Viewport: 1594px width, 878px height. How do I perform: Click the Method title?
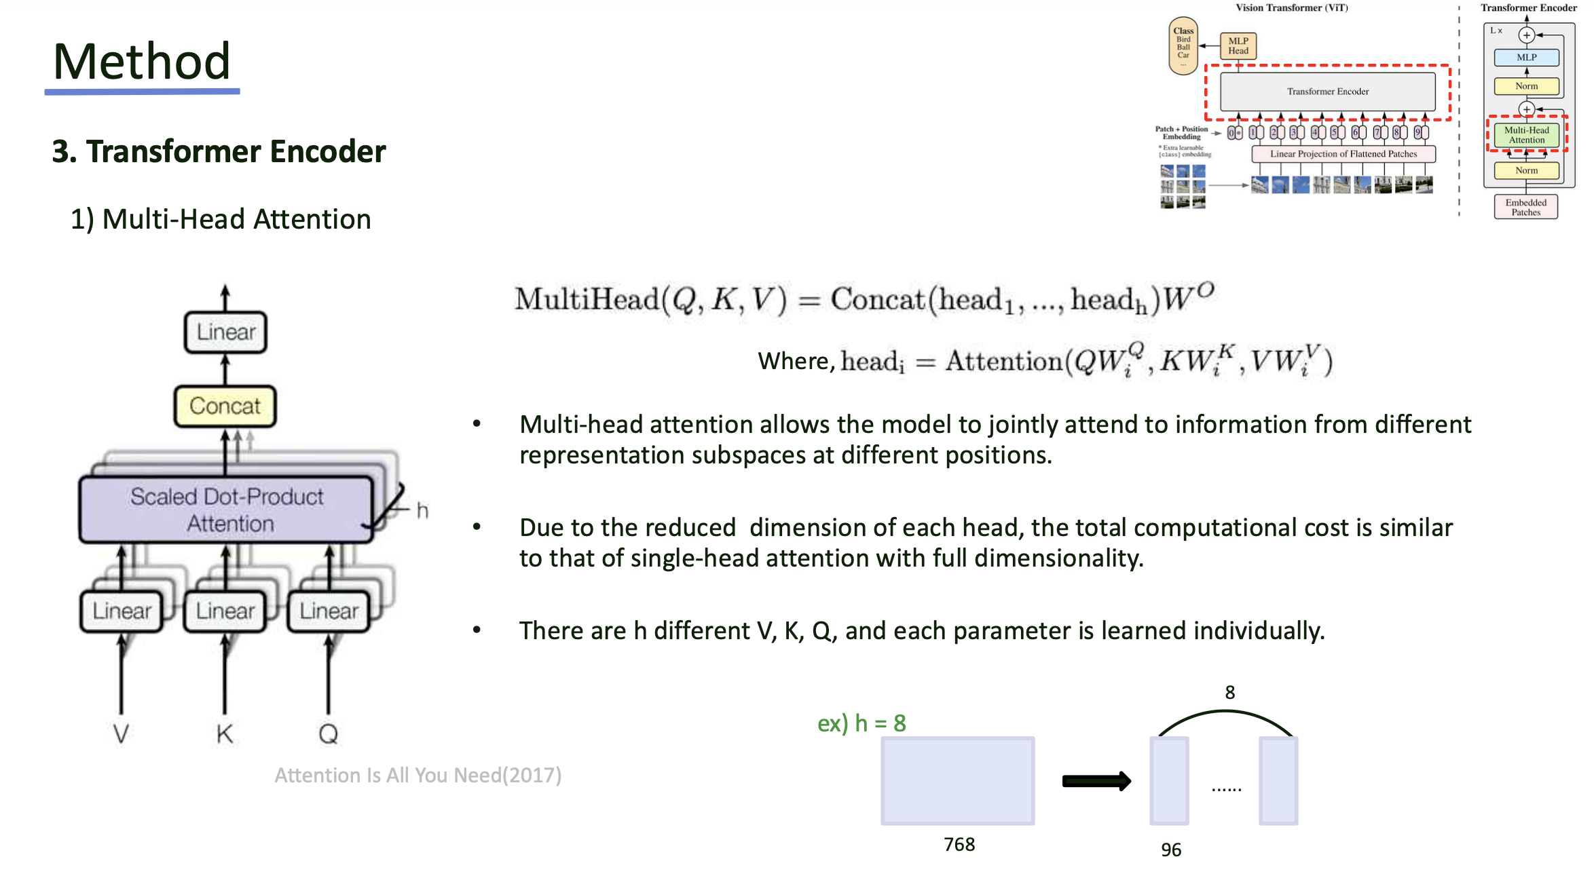tap(141, 61)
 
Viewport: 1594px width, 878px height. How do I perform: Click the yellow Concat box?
tap(225, 406)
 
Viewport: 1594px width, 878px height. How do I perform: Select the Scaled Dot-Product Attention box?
tap(226, 510)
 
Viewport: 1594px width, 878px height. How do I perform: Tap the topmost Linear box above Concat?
tap(225, 332)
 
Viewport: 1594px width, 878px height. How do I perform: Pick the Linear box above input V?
tap(122, 611)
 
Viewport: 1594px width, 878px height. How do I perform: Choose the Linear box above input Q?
tap(329, 611)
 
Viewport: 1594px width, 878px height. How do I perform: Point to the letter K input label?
tap(225, 733)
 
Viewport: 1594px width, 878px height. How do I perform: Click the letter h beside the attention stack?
tap(422, 510)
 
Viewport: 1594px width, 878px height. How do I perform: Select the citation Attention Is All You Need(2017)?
tap(418, 775)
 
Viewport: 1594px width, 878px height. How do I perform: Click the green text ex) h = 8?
tap(861, 723)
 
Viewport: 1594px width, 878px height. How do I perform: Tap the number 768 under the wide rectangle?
tap(959, 844)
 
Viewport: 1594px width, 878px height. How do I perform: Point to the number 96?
tap(1170, 850)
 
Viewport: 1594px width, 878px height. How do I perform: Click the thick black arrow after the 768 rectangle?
tap(1096, 781)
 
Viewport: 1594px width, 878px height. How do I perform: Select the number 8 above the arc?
tap(1229, 692)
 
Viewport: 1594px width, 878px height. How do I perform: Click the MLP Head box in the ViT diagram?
tap(1238, 45)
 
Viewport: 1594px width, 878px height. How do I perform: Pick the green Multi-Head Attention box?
tap(1526, 135)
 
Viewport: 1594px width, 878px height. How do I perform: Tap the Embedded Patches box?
tap(1525, 207)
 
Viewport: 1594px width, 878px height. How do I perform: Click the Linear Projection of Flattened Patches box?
tap(1343, 154)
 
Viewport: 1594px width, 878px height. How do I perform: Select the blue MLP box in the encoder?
tap(1526, 58)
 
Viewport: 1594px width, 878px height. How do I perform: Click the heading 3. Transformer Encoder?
tap(219, 151)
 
